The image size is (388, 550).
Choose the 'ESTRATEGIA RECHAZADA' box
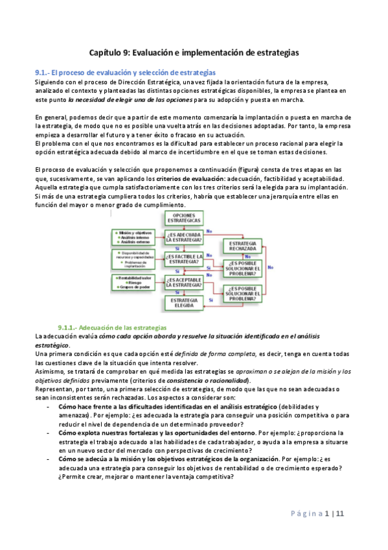tap(242, 246)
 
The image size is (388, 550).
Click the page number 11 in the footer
tap(340, 514)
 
